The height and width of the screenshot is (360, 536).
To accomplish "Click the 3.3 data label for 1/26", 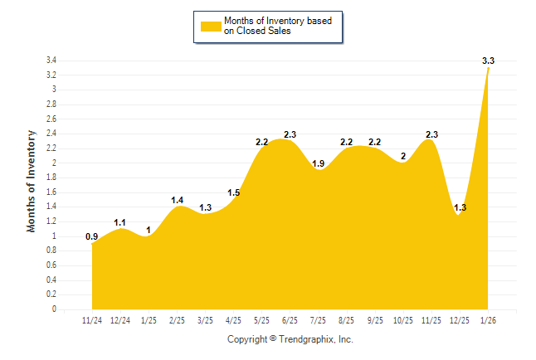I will click(488, 61).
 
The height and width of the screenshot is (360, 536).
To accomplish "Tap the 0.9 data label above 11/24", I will click(91, 236).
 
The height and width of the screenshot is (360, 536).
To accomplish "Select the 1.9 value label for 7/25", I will click(318, 163).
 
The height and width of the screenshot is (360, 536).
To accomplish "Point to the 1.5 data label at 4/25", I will click(233, 193).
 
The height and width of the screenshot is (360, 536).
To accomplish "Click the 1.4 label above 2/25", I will click(177, 200).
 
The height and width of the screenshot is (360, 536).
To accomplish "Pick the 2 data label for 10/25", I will click(403, 156).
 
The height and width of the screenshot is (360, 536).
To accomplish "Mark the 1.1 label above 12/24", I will click(119, 222).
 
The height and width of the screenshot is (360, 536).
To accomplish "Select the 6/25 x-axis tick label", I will click(290, 319).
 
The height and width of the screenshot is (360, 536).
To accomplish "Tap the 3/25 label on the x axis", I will click(205, 319).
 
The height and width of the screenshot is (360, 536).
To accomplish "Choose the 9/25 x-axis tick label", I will click(374, 319).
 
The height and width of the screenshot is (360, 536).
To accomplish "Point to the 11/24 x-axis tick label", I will click(91, 319).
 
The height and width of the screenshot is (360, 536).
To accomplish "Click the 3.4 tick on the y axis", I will click(51, 61).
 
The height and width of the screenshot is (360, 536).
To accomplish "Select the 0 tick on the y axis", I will click(54, 309).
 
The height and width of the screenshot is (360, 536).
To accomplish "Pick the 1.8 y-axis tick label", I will click(51, 178).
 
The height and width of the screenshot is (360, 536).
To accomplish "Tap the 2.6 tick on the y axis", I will click(51, 119).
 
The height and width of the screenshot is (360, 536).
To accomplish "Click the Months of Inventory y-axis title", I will click(32, 181).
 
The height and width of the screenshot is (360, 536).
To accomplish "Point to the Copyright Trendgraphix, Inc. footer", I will click(290, 339).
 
